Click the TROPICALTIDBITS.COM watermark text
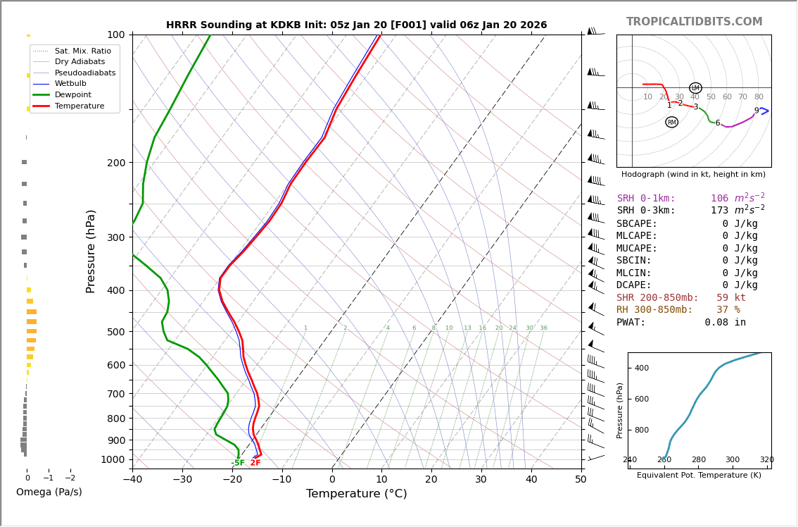tap(694, 22)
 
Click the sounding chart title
tap(356, 25)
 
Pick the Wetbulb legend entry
tap(70, 83)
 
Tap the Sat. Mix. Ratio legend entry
tap(82, 51)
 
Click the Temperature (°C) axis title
tap(356, 495)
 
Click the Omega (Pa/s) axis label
tap(49, 492)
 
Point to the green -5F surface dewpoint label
tap(238, 463)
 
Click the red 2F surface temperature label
tap(255, 463)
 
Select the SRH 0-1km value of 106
tap(719, 199)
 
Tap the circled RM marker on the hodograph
tap(671, 122)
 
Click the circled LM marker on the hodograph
tap(695, 88)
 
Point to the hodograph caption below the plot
tap(693, 174)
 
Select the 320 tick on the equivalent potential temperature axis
tap(766, 460)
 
